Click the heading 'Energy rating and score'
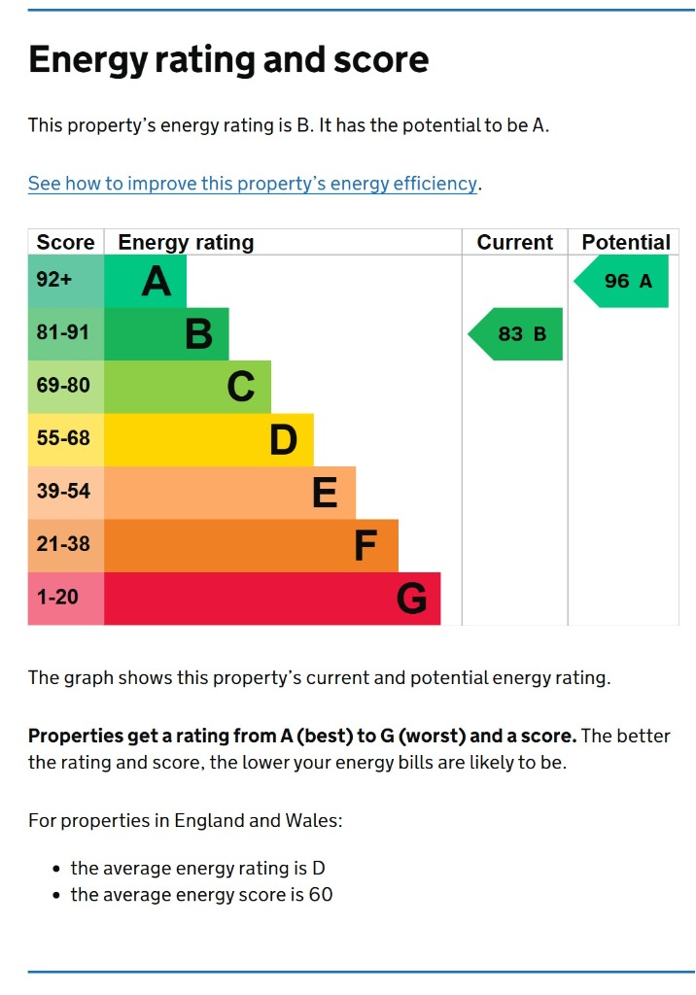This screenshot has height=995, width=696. click(x=228, y=60)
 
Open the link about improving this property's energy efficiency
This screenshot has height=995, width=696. click(x=253, y=184)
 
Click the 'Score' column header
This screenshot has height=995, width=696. click(x=65, y=242)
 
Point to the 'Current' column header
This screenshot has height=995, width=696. click(x=514, y=242)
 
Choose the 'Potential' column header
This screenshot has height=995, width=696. click(x=625, y=242)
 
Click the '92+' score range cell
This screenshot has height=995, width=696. click(x=54, y=281)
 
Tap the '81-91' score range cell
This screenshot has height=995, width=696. click(x=63, y=333)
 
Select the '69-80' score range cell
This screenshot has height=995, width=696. click(x=63, y=386)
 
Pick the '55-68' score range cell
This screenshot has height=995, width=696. click(x=63, y=439)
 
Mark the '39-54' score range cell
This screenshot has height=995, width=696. click(x=63, y=492)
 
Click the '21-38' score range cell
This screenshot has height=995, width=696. click(x=63, y=545)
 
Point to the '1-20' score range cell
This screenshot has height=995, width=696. click(x=58, y=598)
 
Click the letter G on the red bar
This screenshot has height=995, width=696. click(x=411, y=599)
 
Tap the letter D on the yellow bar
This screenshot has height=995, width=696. click(x=283, y=440)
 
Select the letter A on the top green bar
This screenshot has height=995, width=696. click(x=157, y=282)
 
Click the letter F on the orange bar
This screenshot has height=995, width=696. click(x=365, y=546)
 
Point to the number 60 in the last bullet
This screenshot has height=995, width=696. click(x=321, y=895)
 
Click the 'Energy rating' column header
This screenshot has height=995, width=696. click(x=186, y=242)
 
